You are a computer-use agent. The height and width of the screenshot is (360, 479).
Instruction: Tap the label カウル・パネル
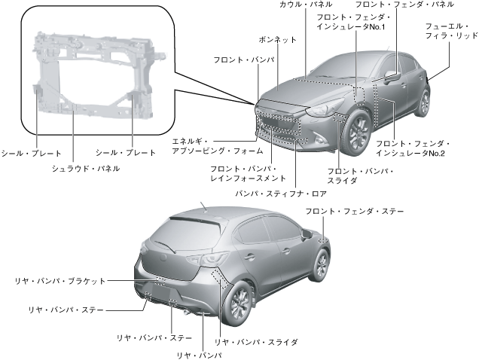click(x=301, y=5)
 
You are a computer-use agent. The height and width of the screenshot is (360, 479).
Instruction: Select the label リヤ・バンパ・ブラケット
click(x=60, y=280)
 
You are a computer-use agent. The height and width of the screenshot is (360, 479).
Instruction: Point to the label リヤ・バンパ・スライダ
click(x=256, y=341)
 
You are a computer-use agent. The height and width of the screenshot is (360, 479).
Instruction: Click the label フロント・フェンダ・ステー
click(x=354, y=212)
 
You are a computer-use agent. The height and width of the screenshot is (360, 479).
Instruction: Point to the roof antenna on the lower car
click(x=204, y=204)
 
